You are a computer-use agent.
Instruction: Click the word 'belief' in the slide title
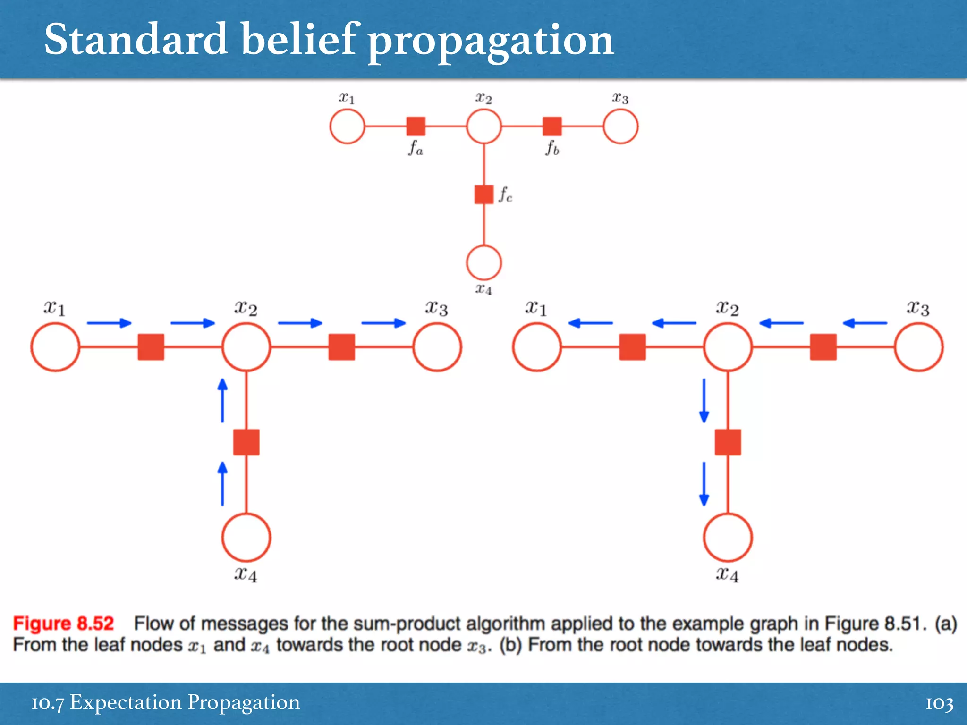click(x=298, y=40)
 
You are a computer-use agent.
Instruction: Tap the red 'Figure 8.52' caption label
click(x=63, y=624)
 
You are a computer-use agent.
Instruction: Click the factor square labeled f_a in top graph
click(x=416, y=126)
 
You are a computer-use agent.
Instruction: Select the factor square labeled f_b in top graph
click(x=552, y=126)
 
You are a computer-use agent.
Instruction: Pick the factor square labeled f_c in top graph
click(x=483, y=194)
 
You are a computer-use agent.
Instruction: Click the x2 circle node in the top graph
click(x=483, y=126)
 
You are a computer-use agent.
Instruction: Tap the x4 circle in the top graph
click(x=483, y=262)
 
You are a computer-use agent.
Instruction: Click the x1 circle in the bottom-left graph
click(x=55, y=347)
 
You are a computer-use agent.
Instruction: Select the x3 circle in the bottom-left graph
click(x=437, y=347)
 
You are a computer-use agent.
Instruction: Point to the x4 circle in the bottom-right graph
click(x=728, y=538)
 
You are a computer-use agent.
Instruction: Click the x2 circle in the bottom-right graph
click(x=728, y=347)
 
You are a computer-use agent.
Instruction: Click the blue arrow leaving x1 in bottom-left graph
click(x=109, y=323)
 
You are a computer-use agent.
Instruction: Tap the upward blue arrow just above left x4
click(x=222, y=484)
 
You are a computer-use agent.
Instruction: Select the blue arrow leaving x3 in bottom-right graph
click(x=865, y=323)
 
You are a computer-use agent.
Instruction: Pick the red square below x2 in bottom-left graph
click(x=246, y=442)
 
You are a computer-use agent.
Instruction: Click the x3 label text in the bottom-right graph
click(x=917, y=308)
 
